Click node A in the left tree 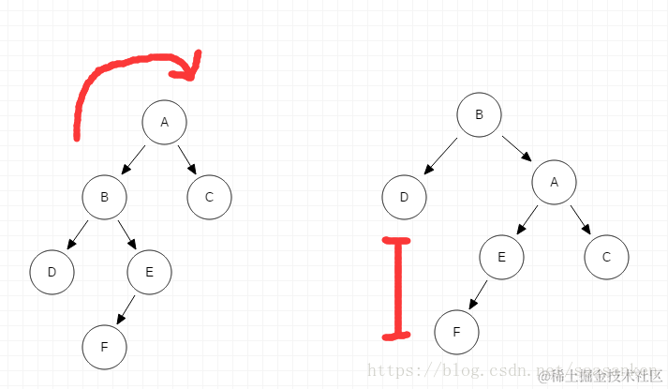pyautogui.click(x=165, y=123)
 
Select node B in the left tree pyautogui.click(x=104, y=198)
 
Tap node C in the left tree pyautogui.click(x=209, y=198)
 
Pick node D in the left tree pyautogui.click(x=52, y=273)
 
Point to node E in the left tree pyautogui.click(x=150, y=273)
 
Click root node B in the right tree pyautogui.click(x=479, y=115)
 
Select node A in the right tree pyautogui.click(x=554, y=183)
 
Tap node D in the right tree pyautogui.click(x=404, y=198)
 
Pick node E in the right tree pyautogui.click(x=501, y=258)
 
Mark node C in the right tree pyautogui.click(x=606, y=258)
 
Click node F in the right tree pyautogui.click(x=456, y=333)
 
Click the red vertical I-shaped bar pyautogui.click(x=399, y=288)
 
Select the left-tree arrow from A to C pyautogui.click(x=186, y=158)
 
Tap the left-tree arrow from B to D pyautogui.click(x=77, y=235)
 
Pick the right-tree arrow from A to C pyautogui.click(x=580, y=219)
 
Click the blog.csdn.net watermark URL pyautogui.click(x=450, y=372)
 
